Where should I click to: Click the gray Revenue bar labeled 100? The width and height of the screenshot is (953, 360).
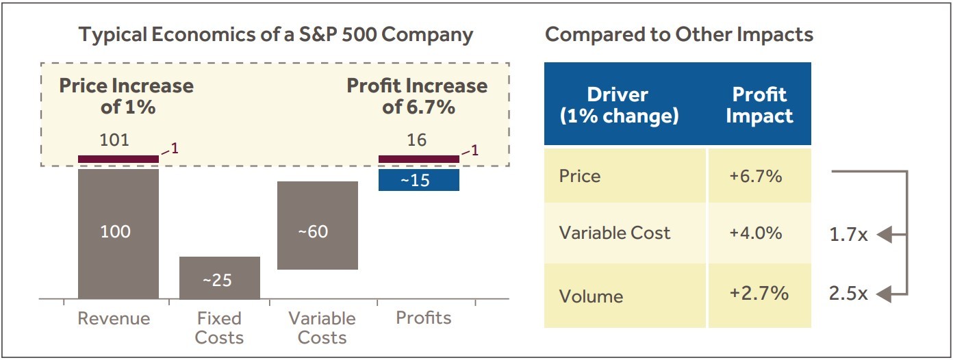tap(118, 233)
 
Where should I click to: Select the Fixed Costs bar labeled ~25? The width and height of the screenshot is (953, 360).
tap(219, 279)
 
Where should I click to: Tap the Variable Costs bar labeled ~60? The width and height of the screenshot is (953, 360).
tap(317, 226)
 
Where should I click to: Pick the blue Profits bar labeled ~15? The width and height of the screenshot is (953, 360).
tap(418, 180)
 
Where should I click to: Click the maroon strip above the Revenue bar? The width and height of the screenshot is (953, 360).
tap(118, 159)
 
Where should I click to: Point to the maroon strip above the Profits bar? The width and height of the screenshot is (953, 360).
tap(418, 159)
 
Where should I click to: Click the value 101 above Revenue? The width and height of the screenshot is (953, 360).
tap(114, 140)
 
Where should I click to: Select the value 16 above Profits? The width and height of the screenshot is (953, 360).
tap(416, 140)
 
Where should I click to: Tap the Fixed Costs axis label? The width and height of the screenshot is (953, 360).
tap(219, 328)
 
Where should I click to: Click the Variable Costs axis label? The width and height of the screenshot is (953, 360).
tap(322, 328)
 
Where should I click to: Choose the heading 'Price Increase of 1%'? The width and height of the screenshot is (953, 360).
tap(126, 97)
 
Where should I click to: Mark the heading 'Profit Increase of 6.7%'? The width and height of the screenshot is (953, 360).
tap(417, 97)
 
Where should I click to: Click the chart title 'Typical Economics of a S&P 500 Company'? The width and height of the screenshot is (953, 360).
tap(276, 35)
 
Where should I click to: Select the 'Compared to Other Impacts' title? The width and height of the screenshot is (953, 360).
tap(678, 35)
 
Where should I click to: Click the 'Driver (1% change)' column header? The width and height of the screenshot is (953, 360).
tap(619, 105)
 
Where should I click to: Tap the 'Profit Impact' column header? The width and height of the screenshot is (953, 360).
tap(759, 105)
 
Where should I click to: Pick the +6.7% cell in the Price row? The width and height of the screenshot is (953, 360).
tap(755, 176)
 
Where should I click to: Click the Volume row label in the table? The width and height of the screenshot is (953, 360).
tap(591, 296)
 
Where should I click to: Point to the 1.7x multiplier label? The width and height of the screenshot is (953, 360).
tap(848, 235)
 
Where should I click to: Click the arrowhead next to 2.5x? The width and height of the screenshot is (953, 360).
tap(883, 294)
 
